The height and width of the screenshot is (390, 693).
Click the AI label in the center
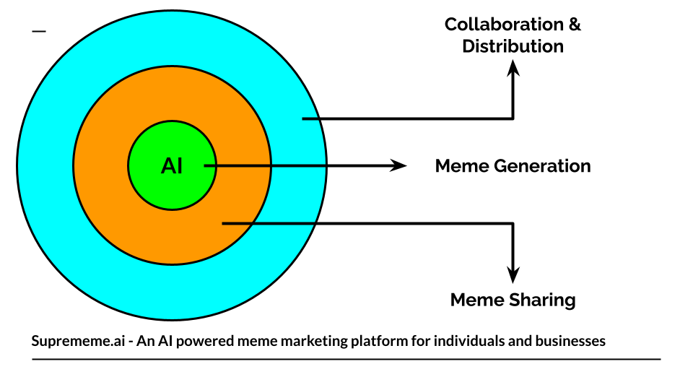click(x=172, y=166)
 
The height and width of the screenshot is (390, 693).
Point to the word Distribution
click(x=513, y=46)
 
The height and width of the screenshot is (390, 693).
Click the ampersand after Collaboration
click(x=575, y=25)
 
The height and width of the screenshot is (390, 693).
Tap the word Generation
click(x=542, y=166)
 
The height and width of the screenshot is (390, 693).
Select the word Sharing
click(x=542, y=300)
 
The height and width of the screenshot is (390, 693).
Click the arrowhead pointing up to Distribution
click(x=513, y=69)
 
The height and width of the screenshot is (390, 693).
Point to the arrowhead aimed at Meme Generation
click(x=398, y=166)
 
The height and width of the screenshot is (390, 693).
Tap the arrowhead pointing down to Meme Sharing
click(x=513, y=275)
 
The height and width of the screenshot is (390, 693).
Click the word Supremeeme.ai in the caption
click(x=78, y=341)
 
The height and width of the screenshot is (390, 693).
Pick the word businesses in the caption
click(x=570, y=341)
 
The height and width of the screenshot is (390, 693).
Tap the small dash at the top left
click(x=39, y=31)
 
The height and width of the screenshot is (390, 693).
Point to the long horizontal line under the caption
click(x=346, y=360)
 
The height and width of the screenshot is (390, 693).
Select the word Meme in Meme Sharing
click(x=477, y=300)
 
